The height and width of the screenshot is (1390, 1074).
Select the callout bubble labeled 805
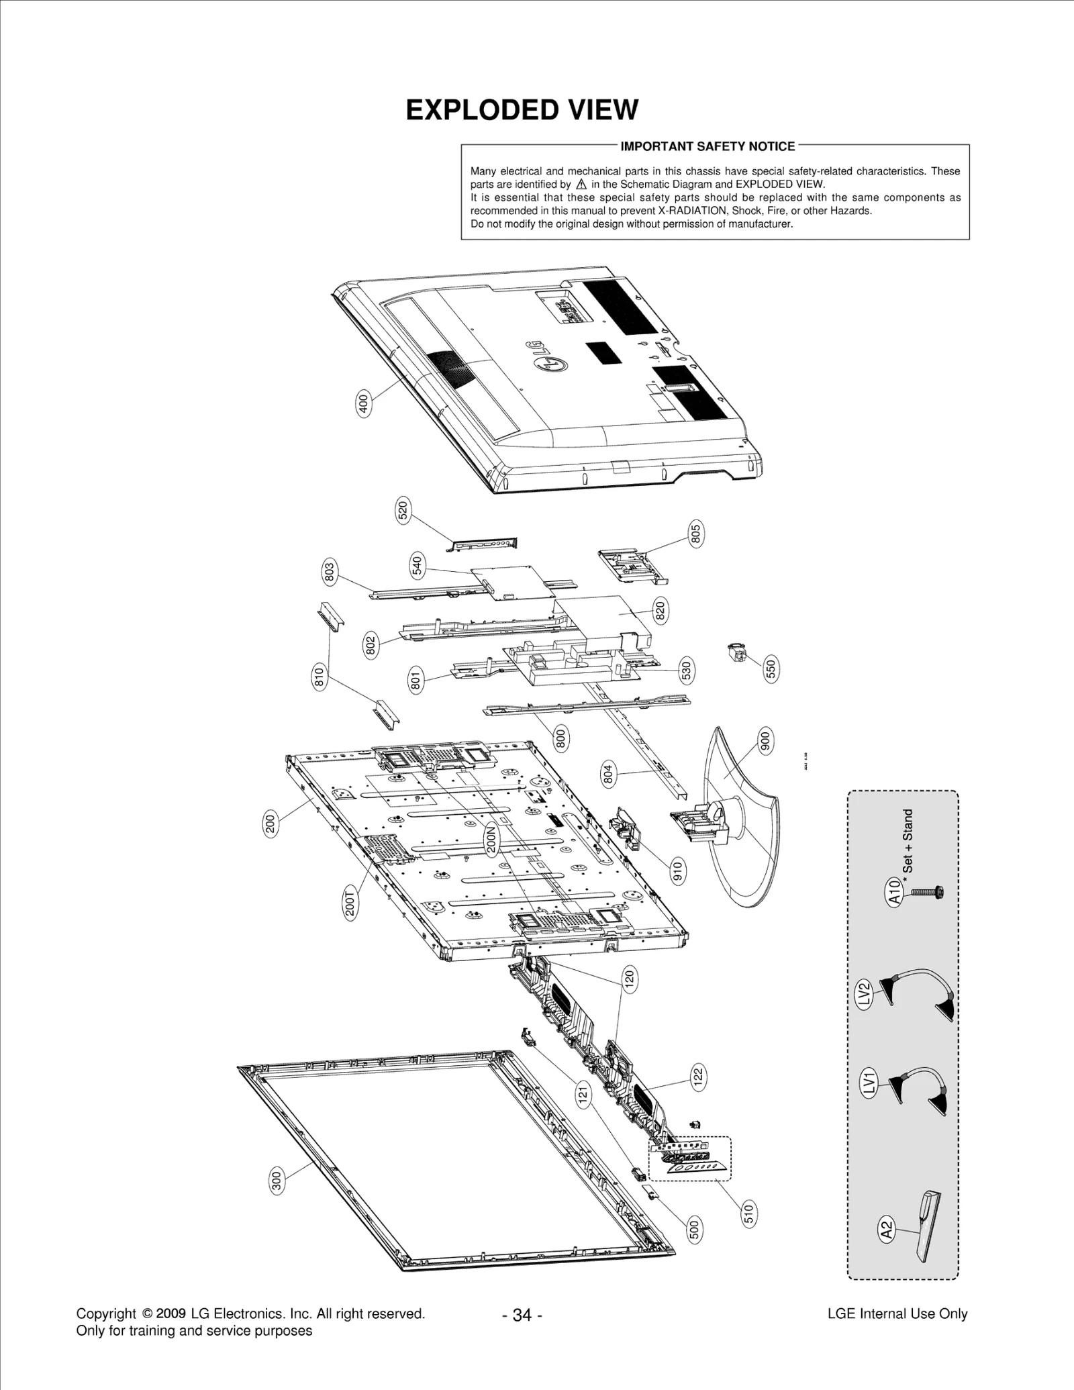pos(695,534)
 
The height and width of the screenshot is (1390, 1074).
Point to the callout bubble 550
pos(771,669)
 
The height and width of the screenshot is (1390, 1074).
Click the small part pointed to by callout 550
pos(737,652)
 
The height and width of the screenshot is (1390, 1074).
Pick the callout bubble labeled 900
pos(765,741)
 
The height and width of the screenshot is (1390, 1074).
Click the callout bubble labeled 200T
pos(350,901)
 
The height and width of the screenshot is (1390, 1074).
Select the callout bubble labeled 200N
pos(491,839)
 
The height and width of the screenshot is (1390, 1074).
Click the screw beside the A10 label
pos(927,892)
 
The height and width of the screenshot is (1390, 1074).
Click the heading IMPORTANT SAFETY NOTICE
pos(707,146)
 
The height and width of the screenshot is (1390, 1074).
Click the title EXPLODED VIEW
pos(522,110)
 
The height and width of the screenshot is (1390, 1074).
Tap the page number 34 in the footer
pos(522,1315)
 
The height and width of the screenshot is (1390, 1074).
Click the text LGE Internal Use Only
pos(897,1313)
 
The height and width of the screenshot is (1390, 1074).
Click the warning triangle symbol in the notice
pos(581,184)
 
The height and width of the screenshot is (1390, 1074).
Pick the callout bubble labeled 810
pos(320,677)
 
